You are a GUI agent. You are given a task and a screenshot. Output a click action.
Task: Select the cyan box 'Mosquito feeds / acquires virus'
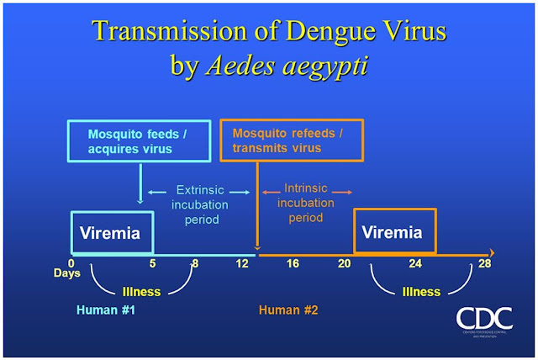[x=140, y=140]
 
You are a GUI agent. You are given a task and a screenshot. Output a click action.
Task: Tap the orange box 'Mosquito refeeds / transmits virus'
[x=291, y=140]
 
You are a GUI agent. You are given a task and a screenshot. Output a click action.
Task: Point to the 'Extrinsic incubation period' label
[x=199, y=204]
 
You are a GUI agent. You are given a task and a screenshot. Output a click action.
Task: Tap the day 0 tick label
[x=71, y=262]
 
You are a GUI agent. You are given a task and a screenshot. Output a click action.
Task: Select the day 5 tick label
[x=153, y=262]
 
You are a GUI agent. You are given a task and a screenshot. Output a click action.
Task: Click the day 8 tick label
[x=195, y=262]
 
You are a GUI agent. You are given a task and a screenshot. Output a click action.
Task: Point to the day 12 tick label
[x=243, y=262]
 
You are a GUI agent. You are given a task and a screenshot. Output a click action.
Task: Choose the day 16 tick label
[x=293, y=262]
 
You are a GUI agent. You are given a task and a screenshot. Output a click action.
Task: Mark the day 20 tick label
[x=344, y=262]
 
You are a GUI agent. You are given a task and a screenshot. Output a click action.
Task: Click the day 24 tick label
[x=415, y=262]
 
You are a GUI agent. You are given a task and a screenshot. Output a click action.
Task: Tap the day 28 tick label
[x=484, y=262]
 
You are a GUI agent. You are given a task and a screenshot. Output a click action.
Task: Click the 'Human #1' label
[x=106, y=310]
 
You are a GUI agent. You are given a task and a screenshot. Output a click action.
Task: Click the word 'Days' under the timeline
[x=67, y=273]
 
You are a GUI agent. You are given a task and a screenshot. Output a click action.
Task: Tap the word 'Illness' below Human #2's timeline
[x=420, y=292]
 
